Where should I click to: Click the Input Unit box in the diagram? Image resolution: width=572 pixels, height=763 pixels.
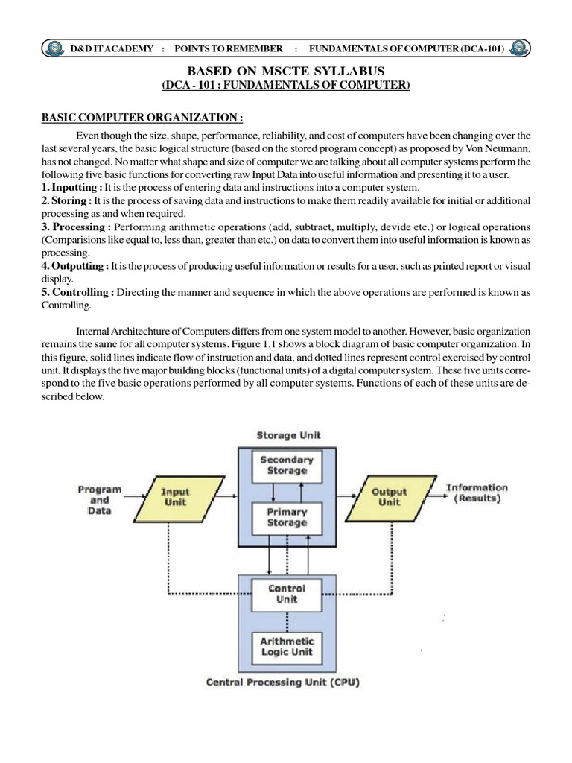176,497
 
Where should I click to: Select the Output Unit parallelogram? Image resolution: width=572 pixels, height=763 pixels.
389,497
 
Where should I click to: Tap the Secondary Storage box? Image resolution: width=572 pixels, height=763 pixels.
287,465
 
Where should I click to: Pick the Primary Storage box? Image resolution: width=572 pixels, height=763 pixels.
287,518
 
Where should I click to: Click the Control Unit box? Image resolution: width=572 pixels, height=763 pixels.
287,594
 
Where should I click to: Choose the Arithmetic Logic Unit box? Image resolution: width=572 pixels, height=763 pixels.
287,646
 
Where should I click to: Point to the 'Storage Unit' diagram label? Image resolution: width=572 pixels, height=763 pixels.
288,435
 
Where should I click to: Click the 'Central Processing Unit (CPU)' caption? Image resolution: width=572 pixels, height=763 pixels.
282,682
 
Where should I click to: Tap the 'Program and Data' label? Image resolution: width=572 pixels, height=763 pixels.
99,501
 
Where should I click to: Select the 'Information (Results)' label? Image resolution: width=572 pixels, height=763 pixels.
477,493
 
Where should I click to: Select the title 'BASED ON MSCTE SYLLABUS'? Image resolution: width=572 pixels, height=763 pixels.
286,71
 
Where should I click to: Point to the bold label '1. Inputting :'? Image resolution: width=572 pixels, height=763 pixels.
71,187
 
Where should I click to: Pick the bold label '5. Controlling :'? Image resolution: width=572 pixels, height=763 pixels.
77,292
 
